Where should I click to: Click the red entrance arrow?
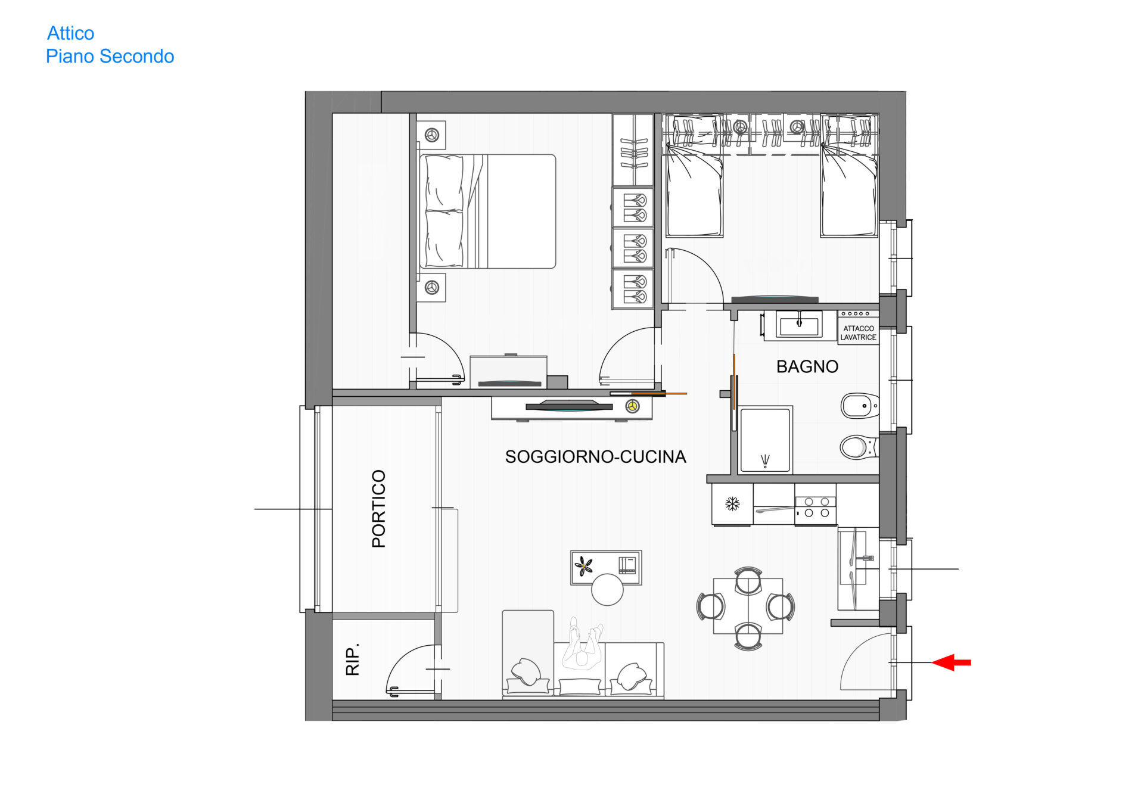tap(952, 662)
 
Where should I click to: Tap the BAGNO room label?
tap(807, 366)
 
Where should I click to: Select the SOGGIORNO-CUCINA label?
tap(595, 457)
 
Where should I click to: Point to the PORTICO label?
tap(379, 509)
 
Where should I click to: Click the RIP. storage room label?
tap(353, 659)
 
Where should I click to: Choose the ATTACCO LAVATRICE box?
tap(859, 333)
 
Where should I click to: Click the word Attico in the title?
tap(70, 33)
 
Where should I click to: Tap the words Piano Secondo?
tap(110, 57)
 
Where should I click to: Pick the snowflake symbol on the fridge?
tap(732, 504)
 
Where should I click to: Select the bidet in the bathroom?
tap(859, 406)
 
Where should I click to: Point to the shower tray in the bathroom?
tap(765, 440)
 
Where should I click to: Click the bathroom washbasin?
tap(798, 325)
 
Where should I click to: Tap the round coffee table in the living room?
tap(607, 589)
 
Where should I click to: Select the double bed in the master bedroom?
tap(487, 211)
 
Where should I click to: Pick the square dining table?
tap(748, 606)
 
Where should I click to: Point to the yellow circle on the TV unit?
tap(632, 406)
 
